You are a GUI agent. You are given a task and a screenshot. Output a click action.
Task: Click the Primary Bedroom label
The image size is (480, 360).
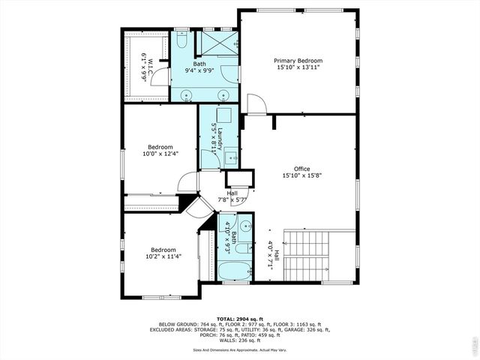point(298,61)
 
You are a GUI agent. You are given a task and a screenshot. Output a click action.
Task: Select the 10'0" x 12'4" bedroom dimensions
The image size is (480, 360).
point(160,154)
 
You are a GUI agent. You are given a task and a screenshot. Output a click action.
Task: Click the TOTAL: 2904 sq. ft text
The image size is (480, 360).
point(239,319)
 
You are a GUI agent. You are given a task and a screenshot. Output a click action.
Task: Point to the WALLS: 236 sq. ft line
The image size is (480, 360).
point(239,339)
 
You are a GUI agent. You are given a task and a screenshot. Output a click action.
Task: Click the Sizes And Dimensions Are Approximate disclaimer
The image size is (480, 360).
point(239,349)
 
